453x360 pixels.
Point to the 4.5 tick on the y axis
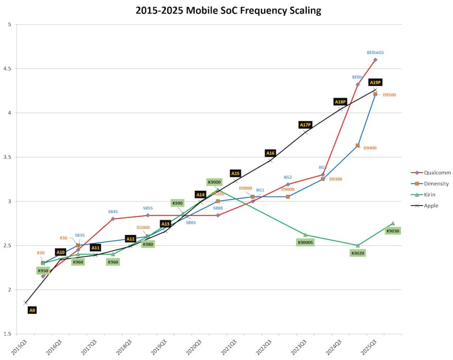pyautogui.click(x=9, y=68)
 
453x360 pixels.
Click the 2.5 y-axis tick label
pyautogui.click(x=9, y=246)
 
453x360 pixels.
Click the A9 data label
pyautogui.click(x=32, y=310)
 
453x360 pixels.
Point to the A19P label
pyautogui.click(x=375, y=82)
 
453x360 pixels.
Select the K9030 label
pyautogui.click(x=393, y=231)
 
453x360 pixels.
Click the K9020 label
pyautogui.click(x=358, y=253)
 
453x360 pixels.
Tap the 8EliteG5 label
pyautogui.click(x=375, y=52)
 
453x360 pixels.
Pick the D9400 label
pyautogui.click(x=370, y=148)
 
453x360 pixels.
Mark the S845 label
pyautogui.click(x=113, y=211)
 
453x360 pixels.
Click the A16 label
pyautogui.click(x=270, y=153)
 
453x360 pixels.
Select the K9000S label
pyautogui.click(x=306, y=242)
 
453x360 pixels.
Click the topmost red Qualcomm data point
pyautogui.click(x=375, y=60)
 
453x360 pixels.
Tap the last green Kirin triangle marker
pyautogui.click(x=393, y=223)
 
